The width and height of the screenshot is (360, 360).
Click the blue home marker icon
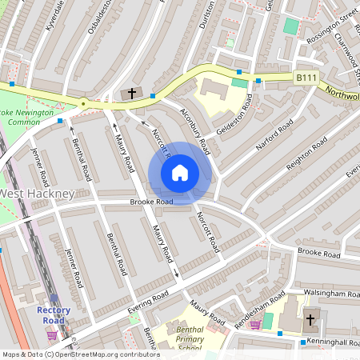tap(180, 172)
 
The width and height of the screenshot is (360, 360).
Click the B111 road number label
tap(305, 78)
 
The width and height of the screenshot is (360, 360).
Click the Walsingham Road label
tap(326, 294)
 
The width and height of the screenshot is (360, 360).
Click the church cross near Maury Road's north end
tap(133, 94)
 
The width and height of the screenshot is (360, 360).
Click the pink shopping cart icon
tap(255, 324)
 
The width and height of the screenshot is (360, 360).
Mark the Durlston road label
tap(208, 14)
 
